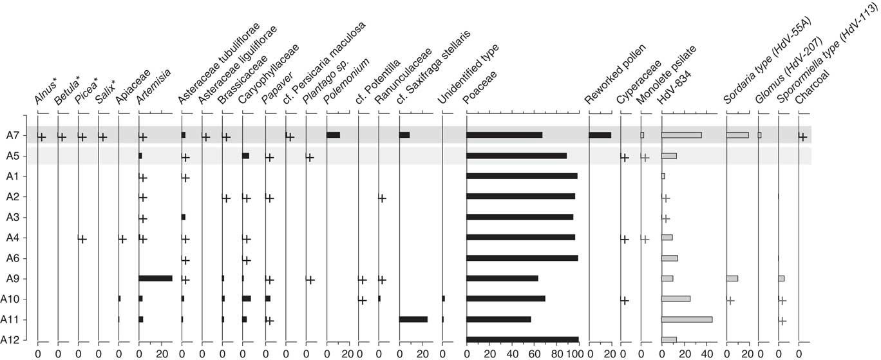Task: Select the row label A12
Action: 13,340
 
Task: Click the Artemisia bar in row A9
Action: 155,278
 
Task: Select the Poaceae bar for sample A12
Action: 522,339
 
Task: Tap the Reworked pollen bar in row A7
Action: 600,135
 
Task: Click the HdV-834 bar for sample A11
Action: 687,319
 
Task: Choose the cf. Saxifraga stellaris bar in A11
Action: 413,319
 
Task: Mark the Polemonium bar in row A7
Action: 333,135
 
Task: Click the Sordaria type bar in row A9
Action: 732,278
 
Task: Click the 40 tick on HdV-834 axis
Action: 708,353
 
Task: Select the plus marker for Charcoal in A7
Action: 802,137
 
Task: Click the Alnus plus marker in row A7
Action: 41,137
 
